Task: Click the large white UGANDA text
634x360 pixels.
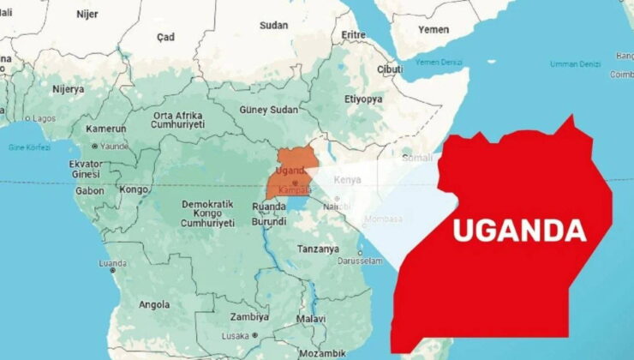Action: pos(519,231)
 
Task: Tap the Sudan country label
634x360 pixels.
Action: pos(274,25)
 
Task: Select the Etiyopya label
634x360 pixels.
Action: pos(363,99)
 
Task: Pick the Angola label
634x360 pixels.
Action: pos(154,304)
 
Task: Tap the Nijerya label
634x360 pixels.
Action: pos(69,88)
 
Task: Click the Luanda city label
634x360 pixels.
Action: pos(113,263)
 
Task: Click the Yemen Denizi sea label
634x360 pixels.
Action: pos(440,63)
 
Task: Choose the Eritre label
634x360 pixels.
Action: pos(354,34)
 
